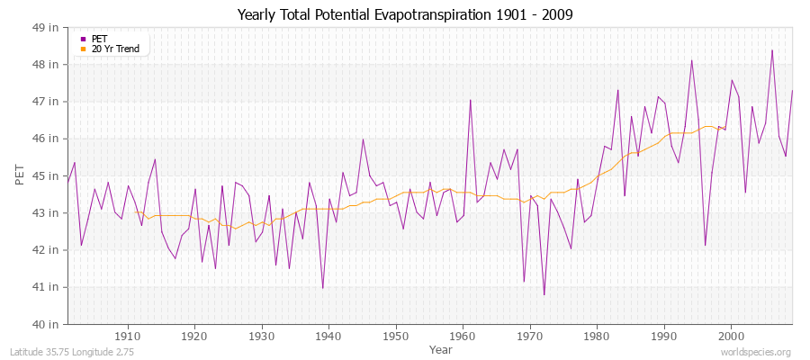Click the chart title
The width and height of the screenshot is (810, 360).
(x=405, y=14)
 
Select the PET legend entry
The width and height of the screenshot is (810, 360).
(x=99, y=39)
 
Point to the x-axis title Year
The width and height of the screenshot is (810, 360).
(x=440, y=348)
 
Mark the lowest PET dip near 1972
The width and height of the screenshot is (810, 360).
(x=544, y=294)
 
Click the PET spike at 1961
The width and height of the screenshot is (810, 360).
(x=470, y=100)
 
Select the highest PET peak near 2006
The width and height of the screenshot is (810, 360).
(x=771, y=50)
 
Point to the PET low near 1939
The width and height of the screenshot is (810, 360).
(x=322, y=288)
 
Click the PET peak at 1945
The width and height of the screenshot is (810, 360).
(x=363, y=139)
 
